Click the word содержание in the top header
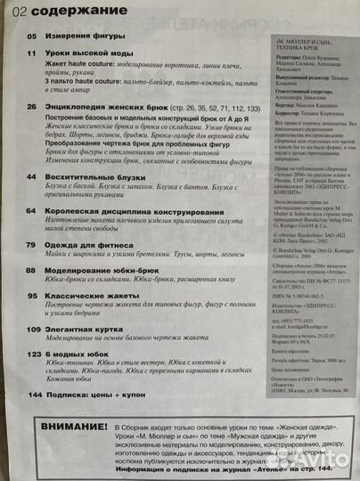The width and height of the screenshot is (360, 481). pos(64,12)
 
